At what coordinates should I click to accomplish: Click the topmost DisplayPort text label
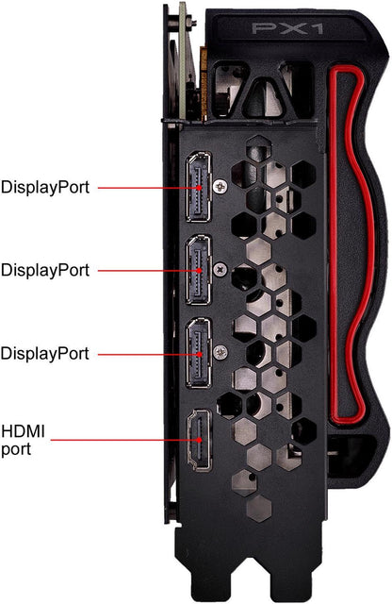point(45,187)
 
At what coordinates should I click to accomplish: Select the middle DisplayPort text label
point(45,270)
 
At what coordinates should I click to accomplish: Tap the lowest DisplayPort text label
point(45,354)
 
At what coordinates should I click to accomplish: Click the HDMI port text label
point(23,441)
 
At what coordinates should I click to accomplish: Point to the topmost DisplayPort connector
point(199,187)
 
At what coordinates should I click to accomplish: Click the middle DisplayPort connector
point(199,270)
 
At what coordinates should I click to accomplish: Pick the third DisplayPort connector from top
point(199,353)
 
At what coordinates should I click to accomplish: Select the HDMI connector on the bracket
point(199,440)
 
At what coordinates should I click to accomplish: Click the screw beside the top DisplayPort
point(220,187)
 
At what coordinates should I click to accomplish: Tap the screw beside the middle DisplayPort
point(220,269)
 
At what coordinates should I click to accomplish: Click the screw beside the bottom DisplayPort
point(220,352)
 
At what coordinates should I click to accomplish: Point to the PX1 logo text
point(287,28)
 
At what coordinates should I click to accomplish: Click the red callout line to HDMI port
point(124,440)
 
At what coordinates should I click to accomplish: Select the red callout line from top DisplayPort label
point(148,188)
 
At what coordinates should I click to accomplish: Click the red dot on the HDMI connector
point(199,440)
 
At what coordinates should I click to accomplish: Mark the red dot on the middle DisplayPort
point(199,271)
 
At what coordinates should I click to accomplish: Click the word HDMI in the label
point(23,431)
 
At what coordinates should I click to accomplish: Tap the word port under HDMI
point(16,449)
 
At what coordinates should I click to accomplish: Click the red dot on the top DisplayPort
point(199,188)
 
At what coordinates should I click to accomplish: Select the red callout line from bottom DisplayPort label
point(148,354)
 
